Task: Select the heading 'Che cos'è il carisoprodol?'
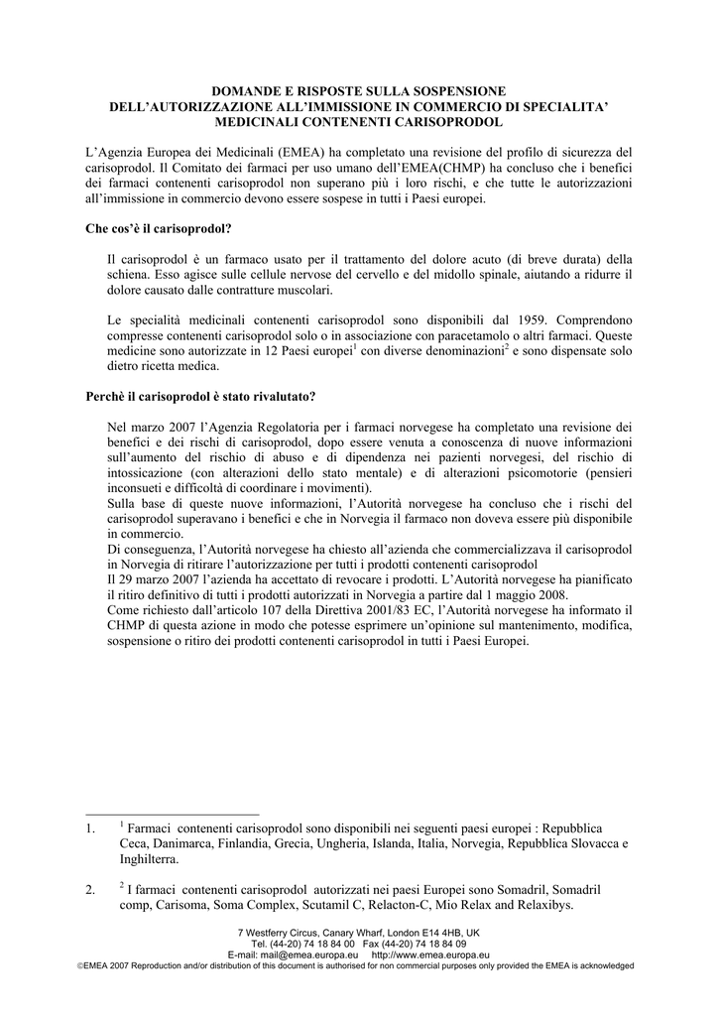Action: [159, 229]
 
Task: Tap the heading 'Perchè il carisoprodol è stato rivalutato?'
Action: [201, 397]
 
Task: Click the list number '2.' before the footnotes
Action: [92, 890]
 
